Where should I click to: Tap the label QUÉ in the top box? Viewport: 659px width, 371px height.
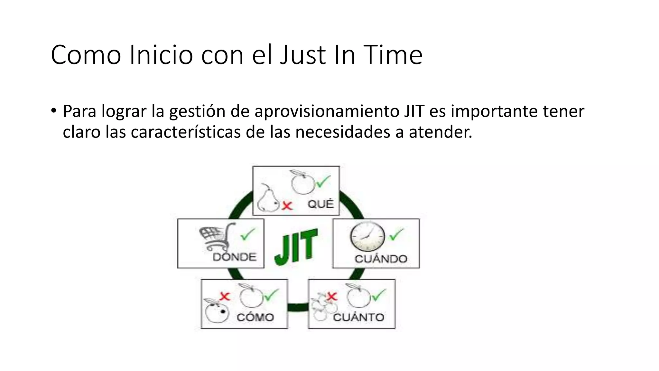pos(320,204)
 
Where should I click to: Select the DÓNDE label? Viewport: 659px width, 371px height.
pos(235,257)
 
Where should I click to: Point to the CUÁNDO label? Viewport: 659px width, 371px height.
pos(381,259)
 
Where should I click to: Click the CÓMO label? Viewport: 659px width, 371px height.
pos(255,318)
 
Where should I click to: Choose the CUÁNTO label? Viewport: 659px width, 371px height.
pos(358,318)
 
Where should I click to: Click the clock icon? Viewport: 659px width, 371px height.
pos(367,236)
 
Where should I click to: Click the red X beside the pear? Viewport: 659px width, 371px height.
pos(287,205)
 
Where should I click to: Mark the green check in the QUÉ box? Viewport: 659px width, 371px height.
pos(323,182)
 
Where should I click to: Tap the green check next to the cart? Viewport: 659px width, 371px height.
pos(248,234)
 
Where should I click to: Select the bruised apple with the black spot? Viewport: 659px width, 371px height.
pos(217,311)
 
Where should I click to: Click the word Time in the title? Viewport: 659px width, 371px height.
pos(393,55)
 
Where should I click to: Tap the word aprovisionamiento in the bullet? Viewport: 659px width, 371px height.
pos(326,111)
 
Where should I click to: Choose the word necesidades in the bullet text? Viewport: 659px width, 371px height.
pos(342,132)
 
